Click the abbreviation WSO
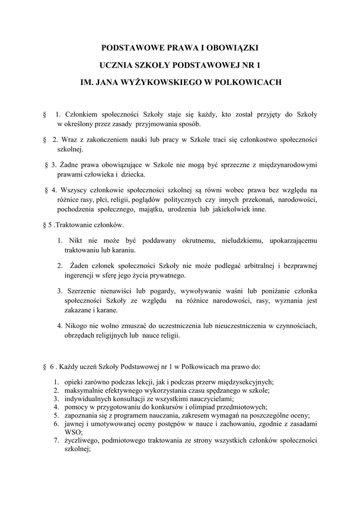tap(73, 432)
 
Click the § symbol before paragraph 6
tap(45, 367)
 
